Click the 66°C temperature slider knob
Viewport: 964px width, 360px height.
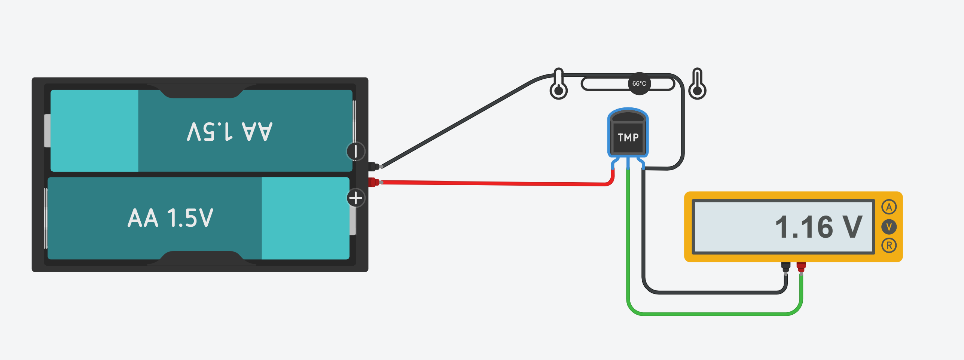tap(639, 83)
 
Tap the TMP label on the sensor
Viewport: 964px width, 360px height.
tap(628, 138)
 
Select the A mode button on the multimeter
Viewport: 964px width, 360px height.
tap(889, 207)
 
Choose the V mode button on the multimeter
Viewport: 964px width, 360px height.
tap(889, 226)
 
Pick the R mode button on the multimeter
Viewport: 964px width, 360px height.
tap(889, 245)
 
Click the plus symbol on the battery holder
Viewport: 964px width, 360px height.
tap(356, 198)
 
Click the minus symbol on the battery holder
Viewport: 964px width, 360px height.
tap(356, 151)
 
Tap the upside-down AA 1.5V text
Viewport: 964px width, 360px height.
tap(229, 132)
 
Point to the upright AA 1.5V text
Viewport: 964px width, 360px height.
tap(170, 218)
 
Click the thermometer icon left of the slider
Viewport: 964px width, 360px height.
tap(558, 84)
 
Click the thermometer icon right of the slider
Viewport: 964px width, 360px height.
tap(697, 84)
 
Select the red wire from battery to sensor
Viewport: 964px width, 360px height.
tap(486, 183)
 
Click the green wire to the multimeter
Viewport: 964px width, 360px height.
tap(711, 314)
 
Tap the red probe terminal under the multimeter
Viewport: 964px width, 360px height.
tap(801, 267)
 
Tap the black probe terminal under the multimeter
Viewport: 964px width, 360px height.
tap(785, 267)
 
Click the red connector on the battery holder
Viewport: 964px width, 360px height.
tap(373, 182)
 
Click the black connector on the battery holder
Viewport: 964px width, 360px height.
tap(373, 167)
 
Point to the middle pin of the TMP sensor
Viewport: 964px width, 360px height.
tap(628, 163)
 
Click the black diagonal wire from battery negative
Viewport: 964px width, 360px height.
tap(457, 123)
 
